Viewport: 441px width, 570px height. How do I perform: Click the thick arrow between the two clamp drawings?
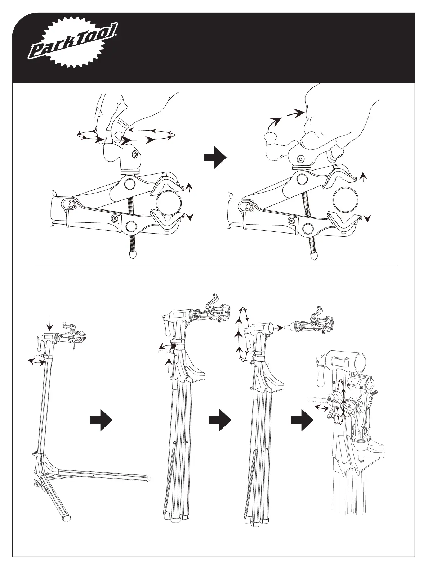(214, 157)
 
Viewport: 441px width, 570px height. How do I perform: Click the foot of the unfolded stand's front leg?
(67, 518)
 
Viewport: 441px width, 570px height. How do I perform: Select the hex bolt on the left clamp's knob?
(134, 155)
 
